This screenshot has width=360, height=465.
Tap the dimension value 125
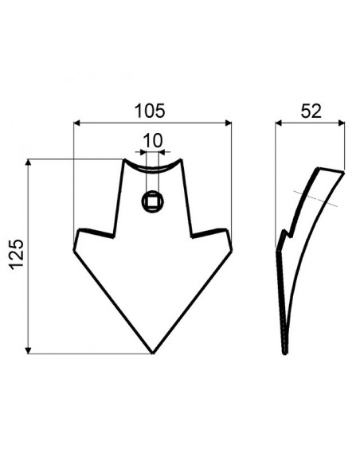pos(18,256)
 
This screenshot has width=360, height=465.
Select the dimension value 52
pos(311,110)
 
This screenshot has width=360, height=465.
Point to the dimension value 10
pos(152,141)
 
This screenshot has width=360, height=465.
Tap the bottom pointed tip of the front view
pos(152,353)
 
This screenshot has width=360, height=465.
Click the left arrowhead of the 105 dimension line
pos(76,123)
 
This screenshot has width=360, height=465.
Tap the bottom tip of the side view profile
pos(284,353)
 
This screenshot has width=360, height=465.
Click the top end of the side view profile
pos(331,170)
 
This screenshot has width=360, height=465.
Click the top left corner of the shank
pos(124,161)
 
